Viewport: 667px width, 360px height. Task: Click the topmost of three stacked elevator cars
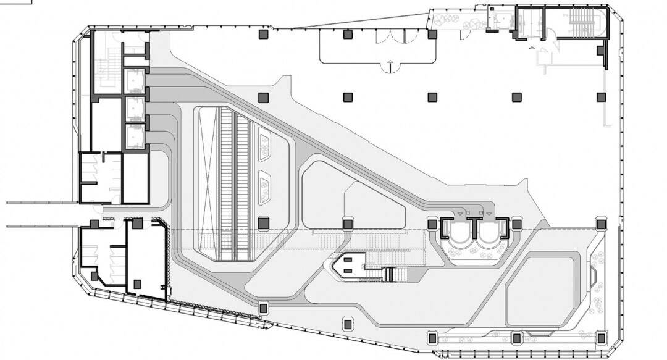pyautogui.click(x=134, y=80)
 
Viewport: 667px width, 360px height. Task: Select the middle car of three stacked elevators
pyautogui.click(x=134, y=108)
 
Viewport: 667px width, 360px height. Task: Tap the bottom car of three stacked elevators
pyautogui.click(x=134, y=135)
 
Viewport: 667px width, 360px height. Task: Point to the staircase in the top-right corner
pyautogui.click(x=583, y=25)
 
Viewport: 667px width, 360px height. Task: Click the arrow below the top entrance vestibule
pyautogui.click(x=390, y=63)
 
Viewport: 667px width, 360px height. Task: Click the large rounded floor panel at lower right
pyautogui.click(x=541, y=290)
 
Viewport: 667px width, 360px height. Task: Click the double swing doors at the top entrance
pyautogui.click(x=392, y=37)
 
